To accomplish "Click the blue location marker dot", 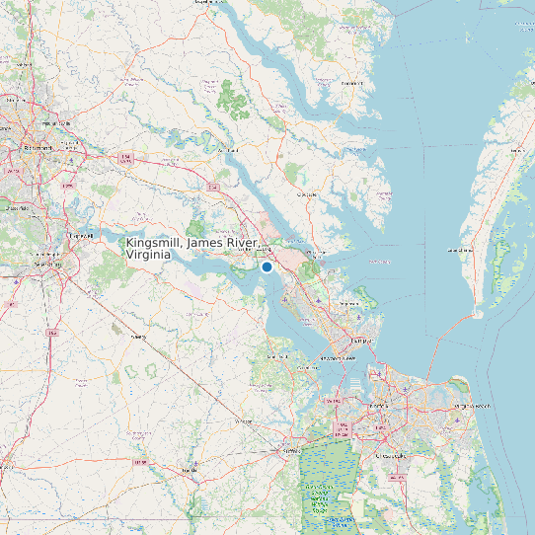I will (x=267, y=266).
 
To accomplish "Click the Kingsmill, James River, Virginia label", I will (x=193, y=248).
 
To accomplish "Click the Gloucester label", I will (x=308, y=194).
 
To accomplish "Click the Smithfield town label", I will (x=276, y=351).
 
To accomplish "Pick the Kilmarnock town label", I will (x=352, y=83).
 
